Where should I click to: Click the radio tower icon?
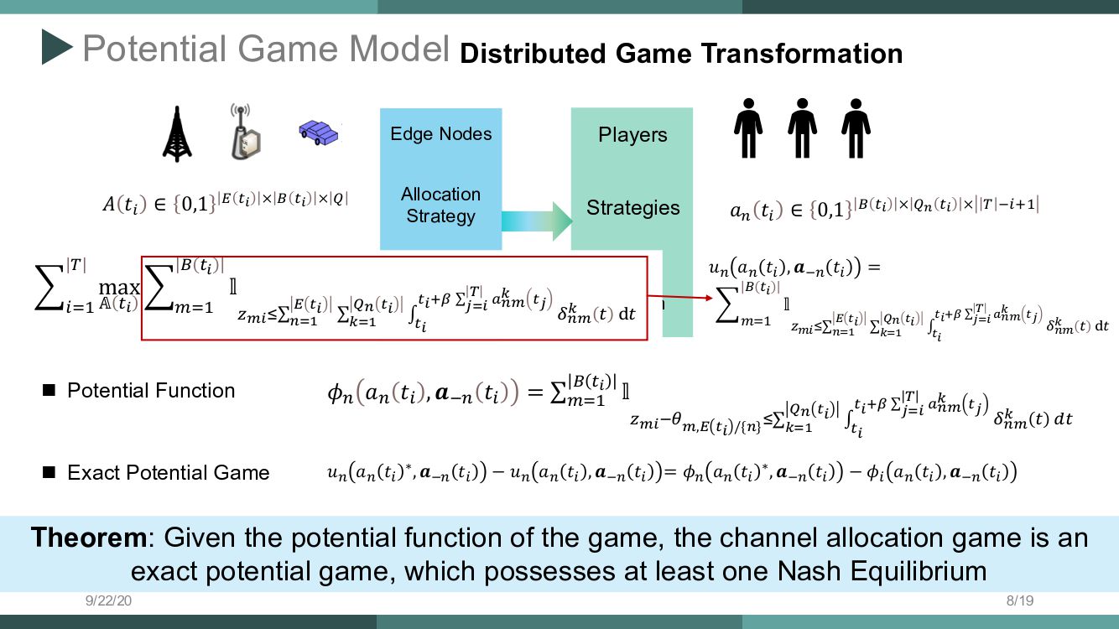point(177,133)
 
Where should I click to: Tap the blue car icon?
point(319,132)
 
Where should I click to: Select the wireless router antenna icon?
point(244,132)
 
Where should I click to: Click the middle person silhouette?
point(802,128)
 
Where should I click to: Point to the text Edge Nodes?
point(441,134)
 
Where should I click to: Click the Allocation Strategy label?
point(441,205)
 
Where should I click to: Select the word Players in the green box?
point(632,135)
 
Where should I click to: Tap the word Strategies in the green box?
point(632,207)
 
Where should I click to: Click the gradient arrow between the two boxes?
point(537,221)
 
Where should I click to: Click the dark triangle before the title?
point(57,48)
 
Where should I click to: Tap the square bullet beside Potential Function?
point(49,390)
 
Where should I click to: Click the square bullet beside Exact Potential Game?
point(49,473)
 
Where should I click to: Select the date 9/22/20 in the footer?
point(108,600)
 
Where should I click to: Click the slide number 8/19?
point(1020,600)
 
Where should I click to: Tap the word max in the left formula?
point(119,288)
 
